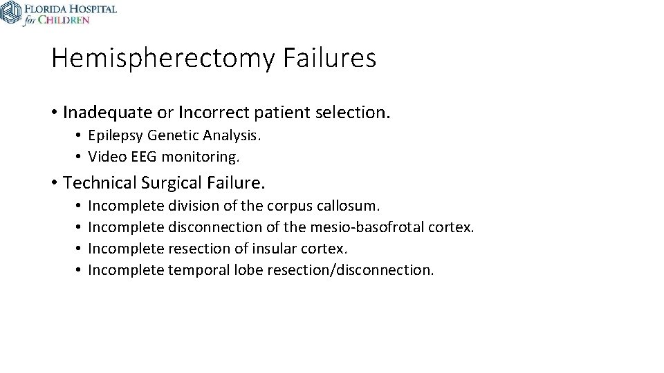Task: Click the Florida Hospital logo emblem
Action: click(11, 12)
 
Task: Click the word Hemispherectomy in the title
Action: click(163, 59)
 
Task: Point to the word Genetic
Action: click(173, 136)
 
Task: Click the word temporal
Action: click(194, 269)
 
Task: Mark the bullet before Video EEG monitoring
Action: click(80, 157)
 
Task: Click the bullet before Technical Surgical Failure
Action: click(55, 184)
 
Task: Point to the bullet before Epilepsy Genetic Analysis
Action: click(80, 136)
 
